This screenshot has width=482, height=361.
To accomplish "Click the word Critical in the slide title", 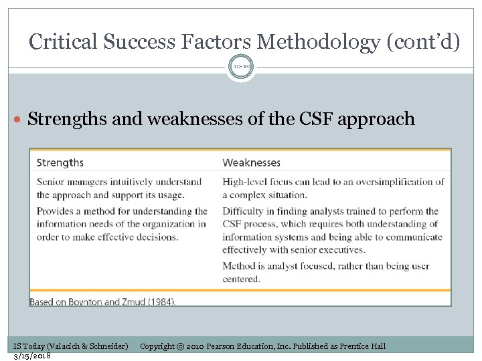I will point(64,42).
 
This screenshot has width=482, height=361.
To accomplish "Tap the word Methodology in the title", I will point(318,42).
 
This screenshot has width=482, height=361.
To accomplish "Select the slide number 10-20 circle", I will point(241,68).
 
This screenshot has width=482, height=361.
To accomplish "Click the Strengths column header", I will point(60,162).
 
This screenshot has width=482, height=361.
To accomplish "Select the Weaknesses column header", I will point(251,162).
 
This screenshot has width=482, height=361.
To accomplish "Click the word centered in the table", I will point(241,279).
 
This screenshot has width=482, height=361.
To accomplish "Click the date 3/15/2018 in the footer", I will point(32,355).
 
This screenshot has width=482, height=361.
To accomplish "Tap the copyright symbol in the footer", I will point(181,346).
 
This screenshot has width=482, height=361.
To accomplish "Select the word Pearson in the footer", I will point(224,346).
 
